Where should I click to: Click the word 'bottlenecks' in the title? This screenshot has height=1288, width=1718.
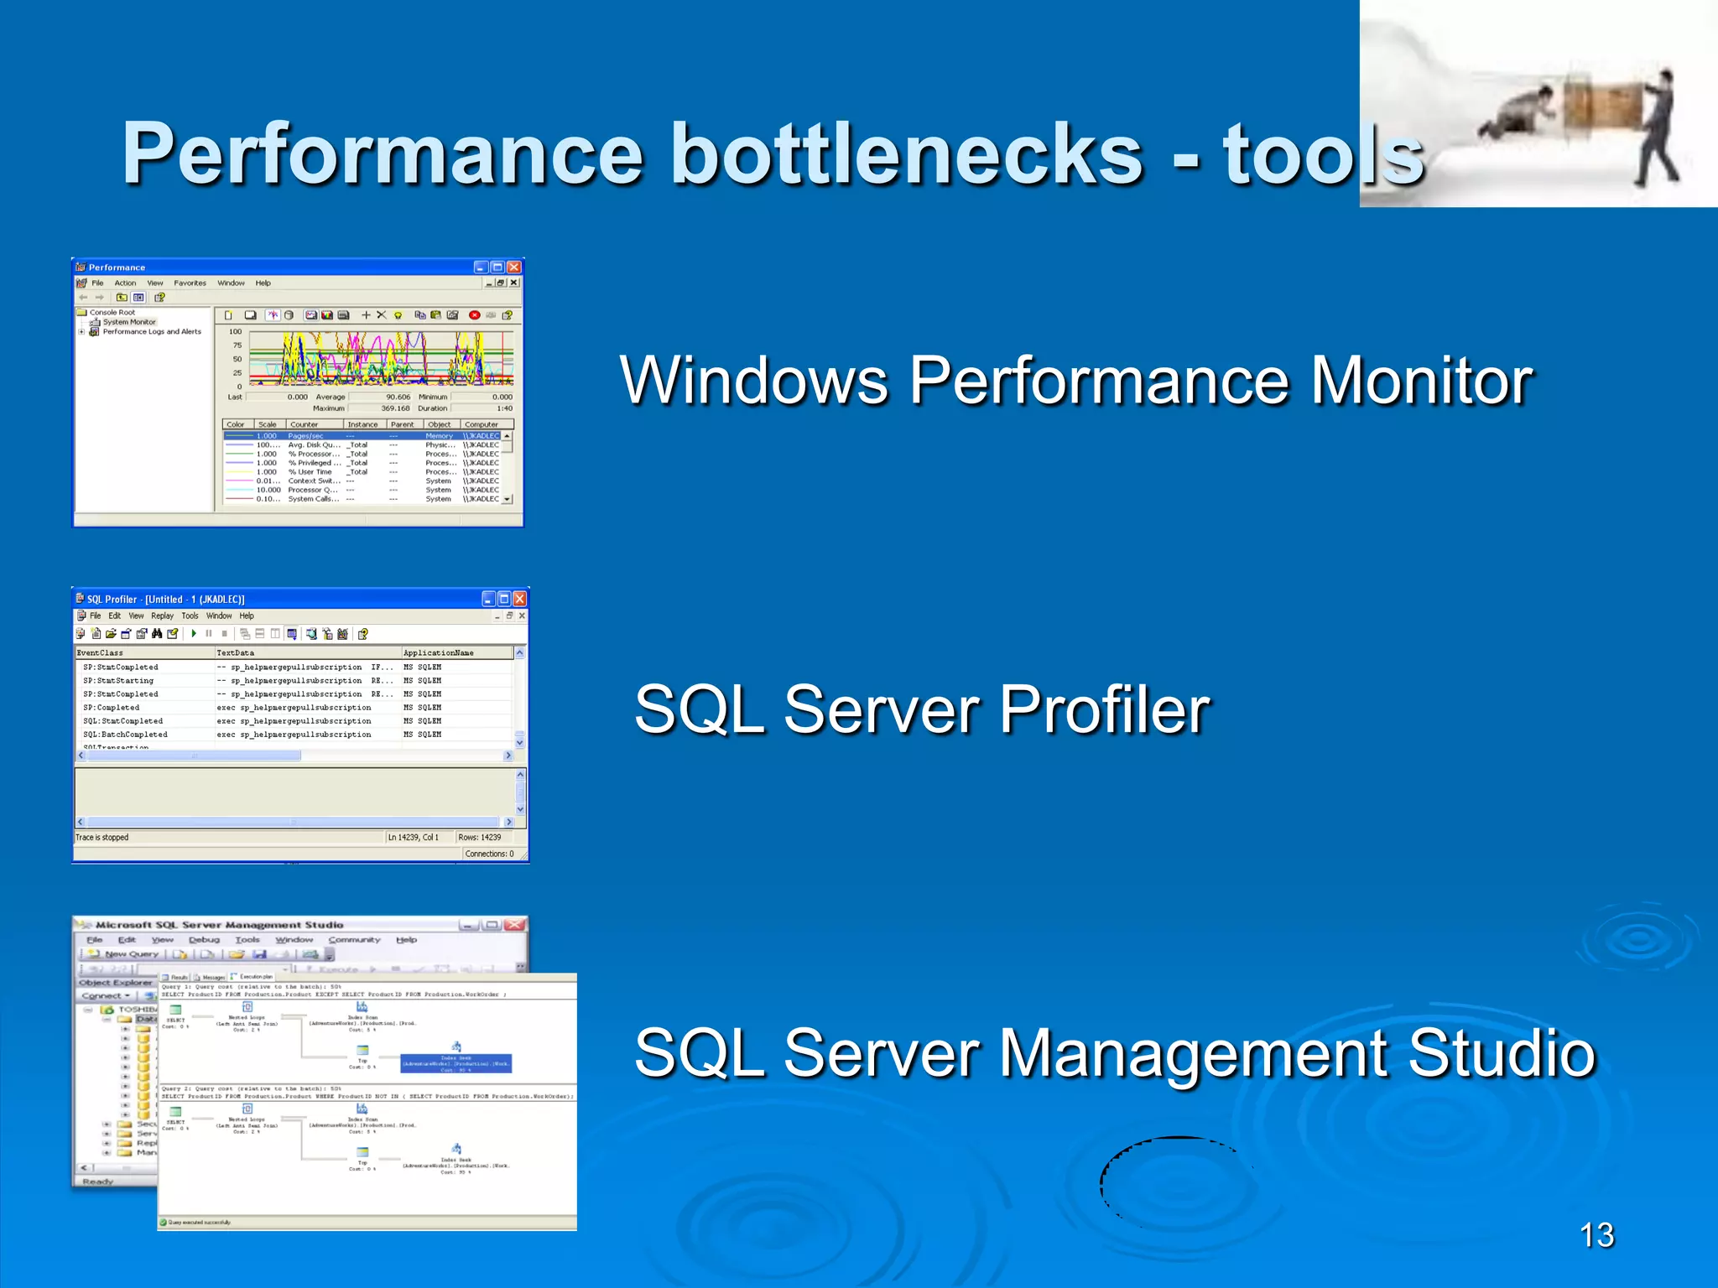906,153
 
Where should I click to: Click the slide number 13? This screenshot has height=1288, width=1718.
1596,1235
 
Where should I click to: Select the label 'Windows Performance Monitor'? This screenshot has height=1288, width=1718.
1076,381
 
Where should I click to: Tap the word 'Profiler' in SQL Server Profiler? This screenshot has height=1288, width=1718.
1104,709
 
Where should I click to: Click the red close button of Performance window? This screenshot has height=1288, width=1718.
514,267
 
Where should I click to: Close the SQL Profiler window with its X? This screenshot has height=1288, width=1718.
519,599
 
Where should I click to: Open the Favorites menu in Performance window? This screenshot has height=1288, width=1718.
190,283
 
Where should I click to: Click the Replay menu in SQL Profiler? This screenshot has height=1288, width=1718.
162,615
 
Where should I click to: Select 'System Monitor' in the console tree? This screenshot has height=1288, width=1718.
129,322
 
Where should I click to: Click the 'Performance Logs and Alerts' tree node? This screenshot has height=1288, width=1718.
152,332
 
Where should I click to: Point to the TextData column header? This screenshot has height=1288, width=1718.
236,652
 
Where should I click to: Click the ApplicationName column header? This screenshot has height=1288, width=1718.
438,652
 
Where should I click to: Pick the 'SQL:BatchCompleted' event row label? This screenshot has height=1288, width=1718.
125,735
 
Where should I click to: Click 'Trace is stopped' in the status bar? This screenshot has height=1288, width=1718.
102,838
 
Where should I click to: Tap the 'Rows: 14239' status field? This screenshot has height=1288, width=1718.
480,838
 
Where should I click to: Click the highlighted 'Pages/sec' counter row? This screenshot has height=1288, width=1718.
305,436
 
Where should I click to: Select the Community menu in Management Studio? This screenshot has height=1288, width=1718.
354,940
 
